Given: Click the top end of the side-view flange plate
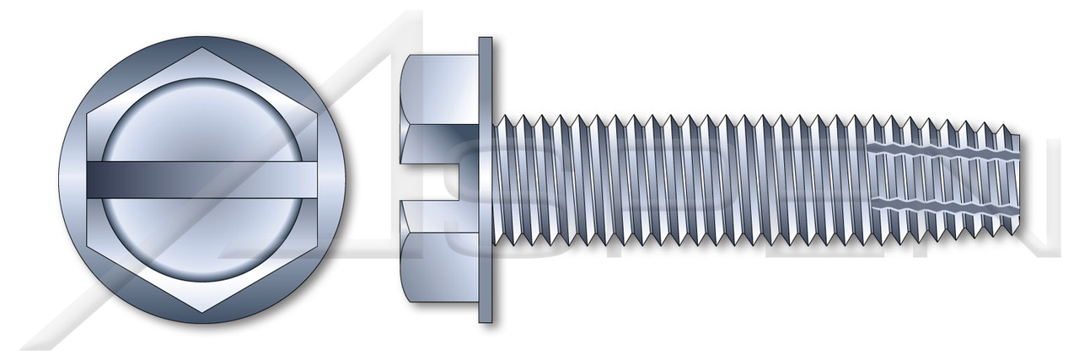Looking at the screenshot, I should click(x=485, y=42).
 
